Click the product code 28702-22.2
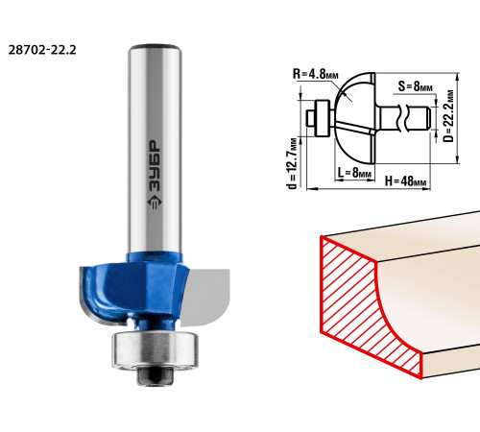[x=42, y=50]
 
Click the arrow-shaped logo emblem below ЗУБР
[x=155, y=203]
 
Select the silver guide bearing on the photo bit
[x=155, y=350]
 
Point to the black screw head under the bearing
[x=155, y=375]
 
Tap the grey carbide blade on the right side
[x=205, y=297]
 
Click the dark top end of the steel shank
[x=156, y=47]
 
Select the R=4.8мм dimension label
[x=316, y=74]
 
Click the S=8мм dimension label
[x=416, y=86]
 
